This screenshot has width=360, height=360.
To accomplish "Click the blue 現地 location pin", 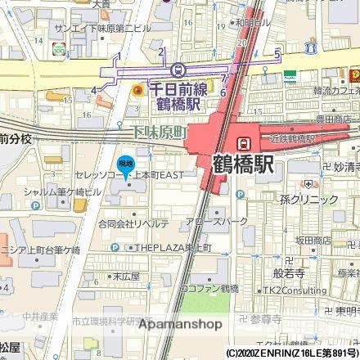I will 124,165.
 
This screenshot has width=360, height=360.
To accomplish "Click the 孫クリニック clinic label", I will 308,199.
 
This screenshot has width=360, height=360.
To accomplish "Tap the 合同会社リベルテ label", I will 133,223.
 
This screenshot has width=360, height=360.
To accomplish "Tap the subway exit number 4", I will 94,89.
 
